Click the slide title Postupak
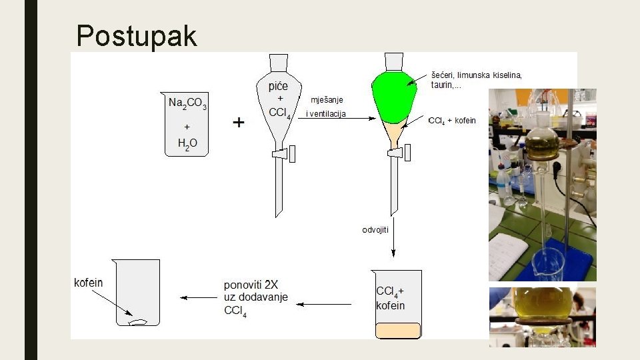(137, 35)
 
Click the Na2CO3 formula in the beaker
(187, 103)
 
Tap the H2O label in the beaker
(187, 143)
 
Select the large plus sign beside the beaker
(238, 123)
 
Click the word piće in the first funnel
(279, 86)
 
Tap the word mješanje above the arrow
(327, 100)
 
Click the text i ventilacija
(326, 114)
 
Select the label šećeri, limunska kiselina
(476, 75)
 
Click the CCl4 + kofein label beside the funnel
(453, 121)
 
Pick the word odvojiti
(376, 229)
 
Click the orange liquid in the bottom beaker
(398, 330)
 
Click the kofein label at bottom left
(89, 283)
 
